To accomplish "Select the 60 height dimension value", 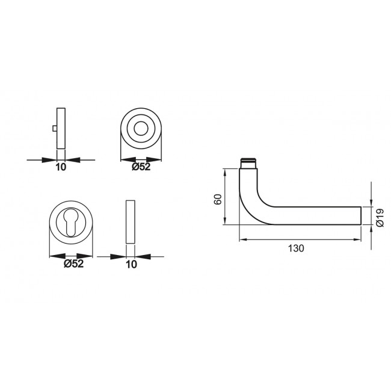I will pyautogui.click(x=218, y=199).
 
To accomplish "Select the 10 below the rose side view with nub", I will pyautogui.click(x=60, y=167).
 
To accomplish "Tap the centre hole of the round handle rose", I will pyautogui.click(x=142, y=129).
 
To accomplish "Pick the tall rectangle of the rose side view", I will pyautogui.click(x=60, y=129).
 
